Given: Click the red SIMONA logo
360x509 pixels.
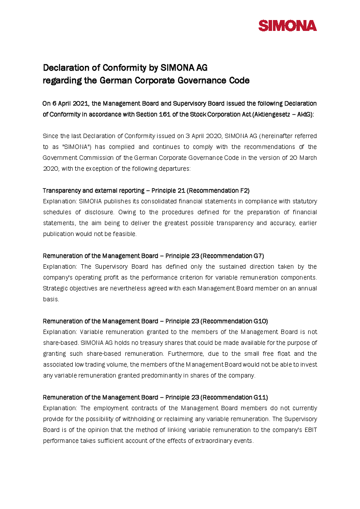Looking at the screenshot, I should pyautogui.click(x=288, y=26).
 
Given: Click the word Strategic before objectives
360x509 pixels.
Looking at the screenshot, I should pyautogui.click(x=55, y=288).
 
